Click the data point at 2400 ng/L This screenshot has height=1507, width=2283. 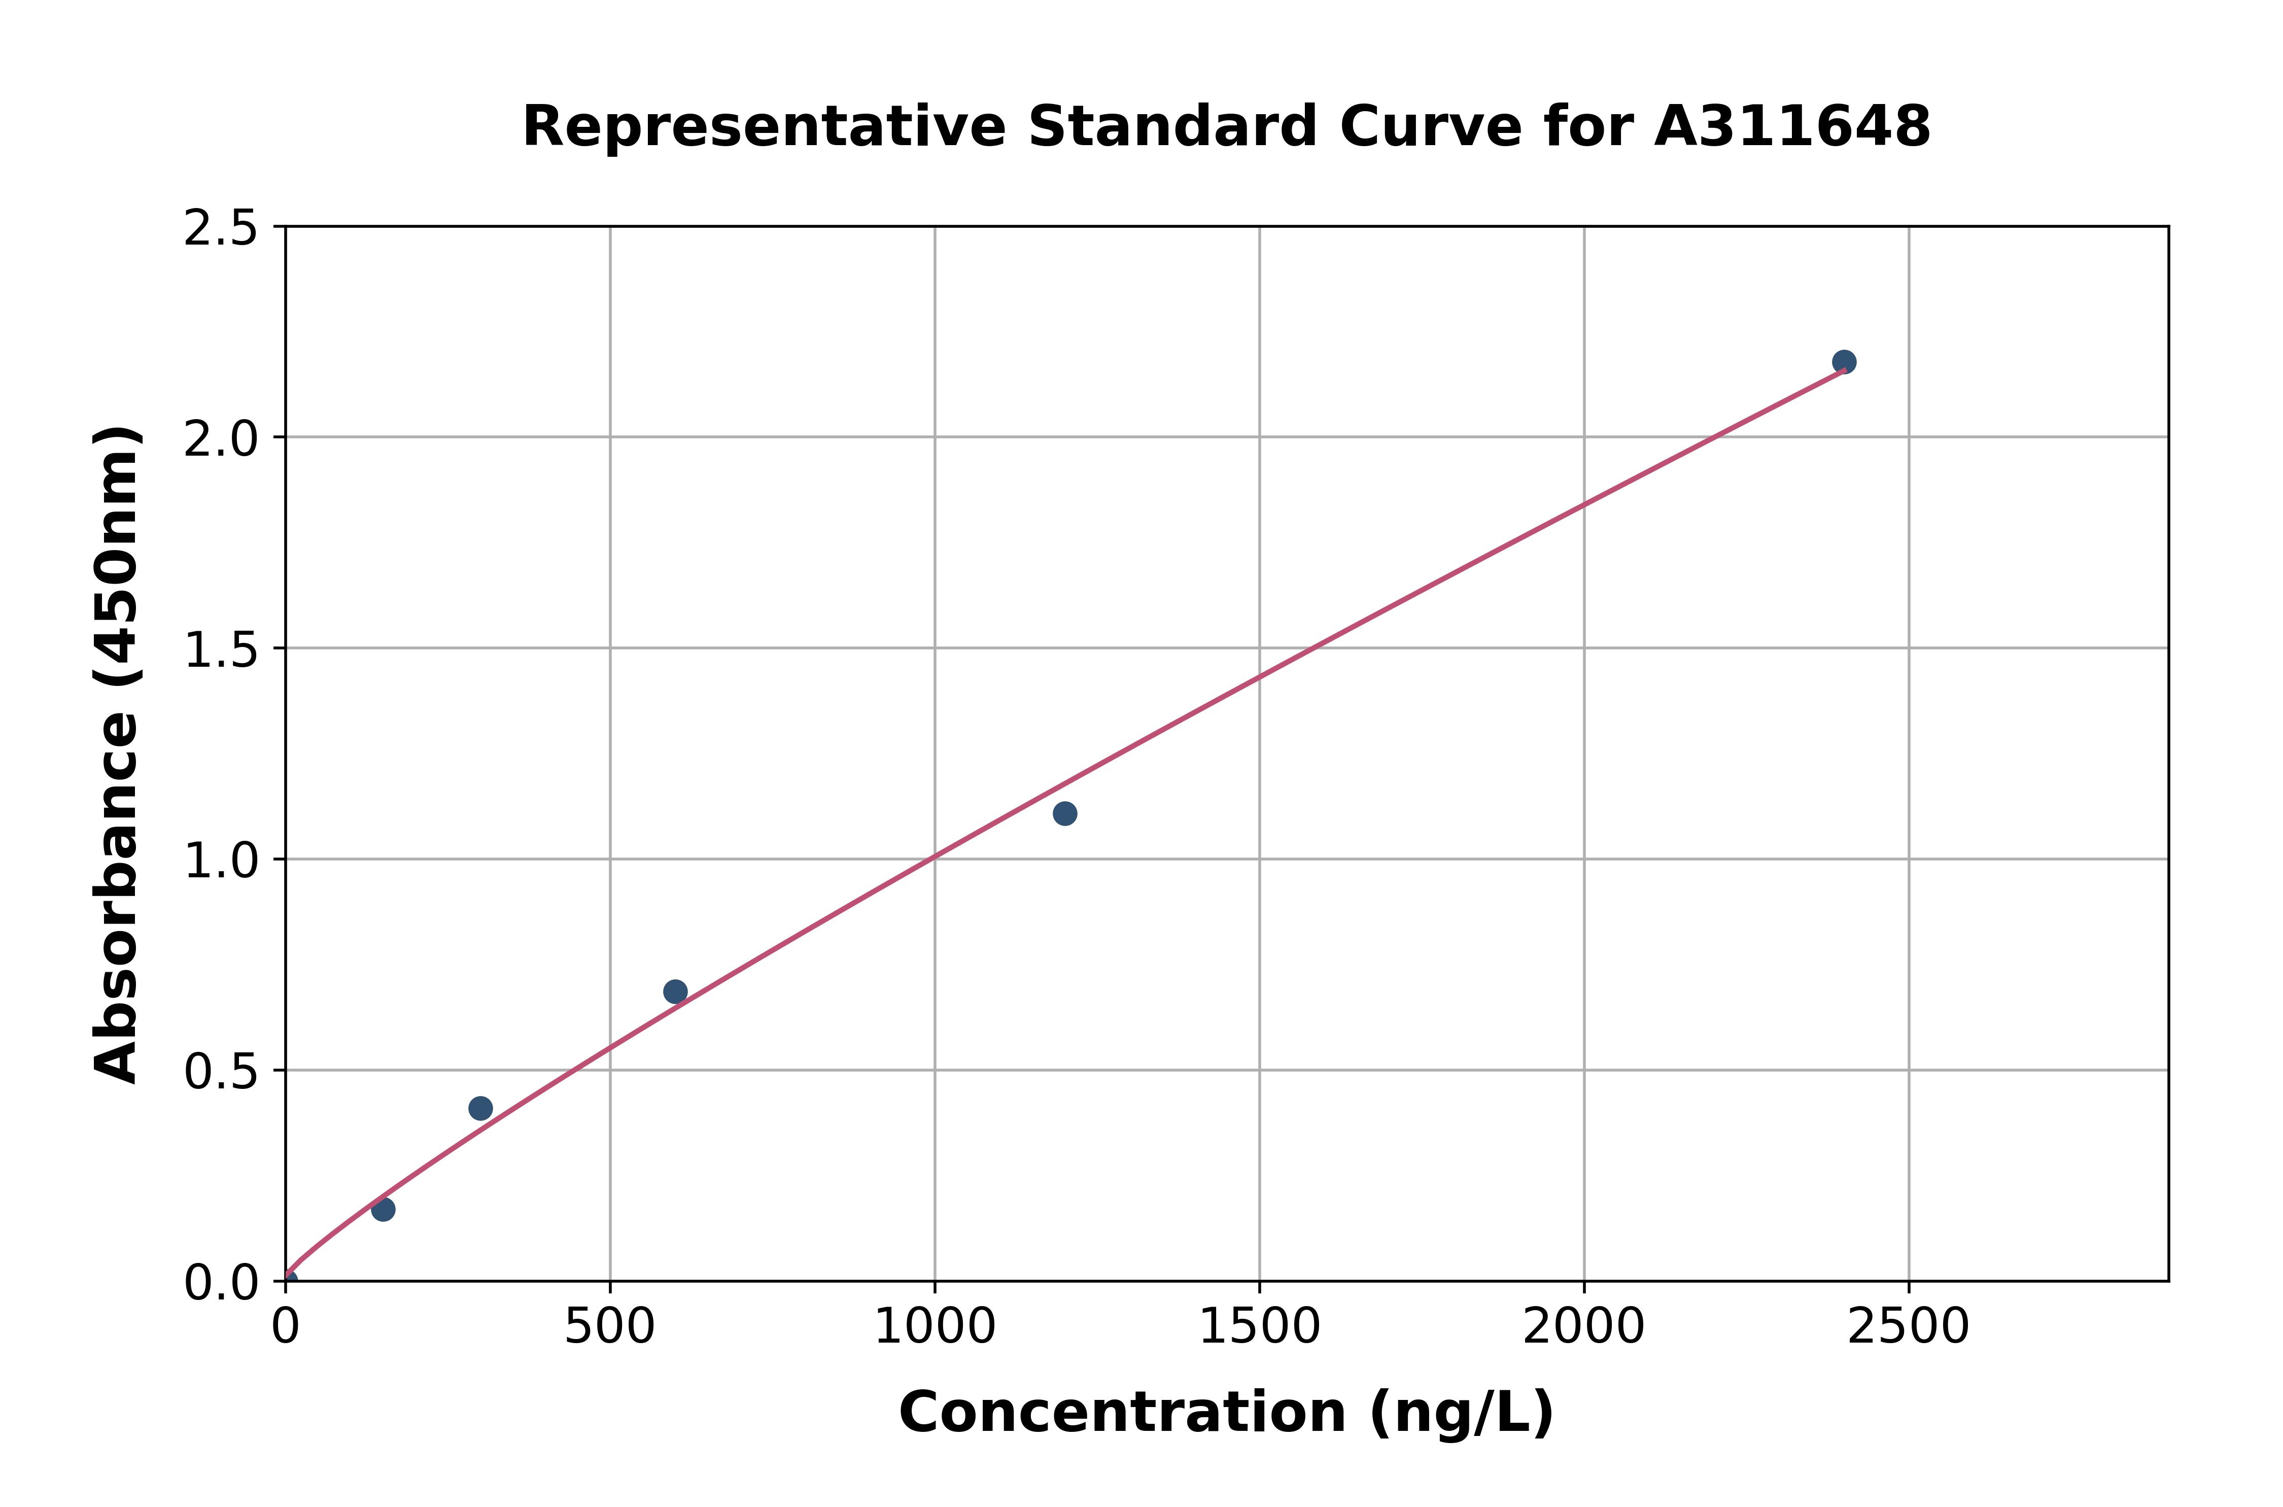pos(1843,362)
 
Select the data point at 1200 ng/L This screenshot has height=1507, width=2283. pos(1064,814)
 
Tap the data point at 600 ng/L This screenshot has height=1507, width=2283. pos(675,992)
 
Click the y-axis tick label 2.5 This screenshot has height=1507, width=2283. pos(221,229)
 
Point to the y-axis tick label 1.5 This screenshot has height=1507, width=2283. pos(221,650)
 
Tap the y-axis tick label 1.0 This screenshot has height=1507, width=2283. pos(221,861)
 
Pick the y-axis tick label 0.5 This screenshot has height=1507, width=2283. pos(221,1072)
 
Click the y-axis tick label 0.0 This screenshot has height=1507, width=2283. pos(221,1283)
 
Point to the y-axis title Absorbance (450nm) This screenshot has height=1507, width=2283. pos(117,755)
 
